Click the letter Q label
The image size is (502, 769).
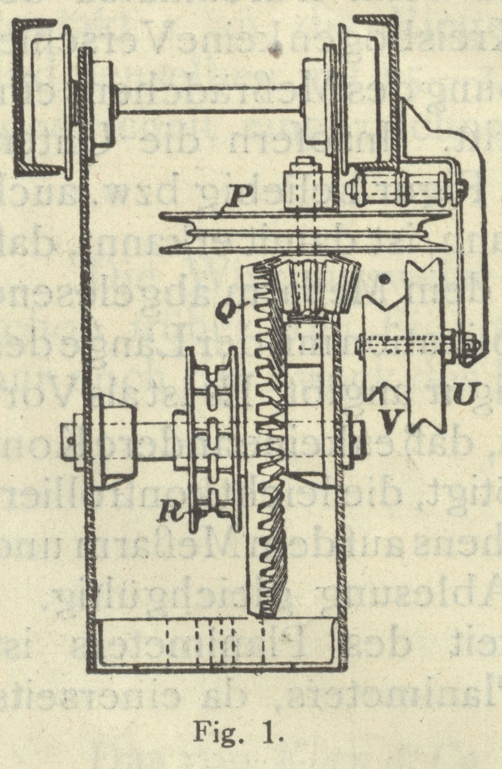[x=227, y=310]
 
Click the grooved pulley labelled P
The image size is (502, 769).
[x=305, y=232]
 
